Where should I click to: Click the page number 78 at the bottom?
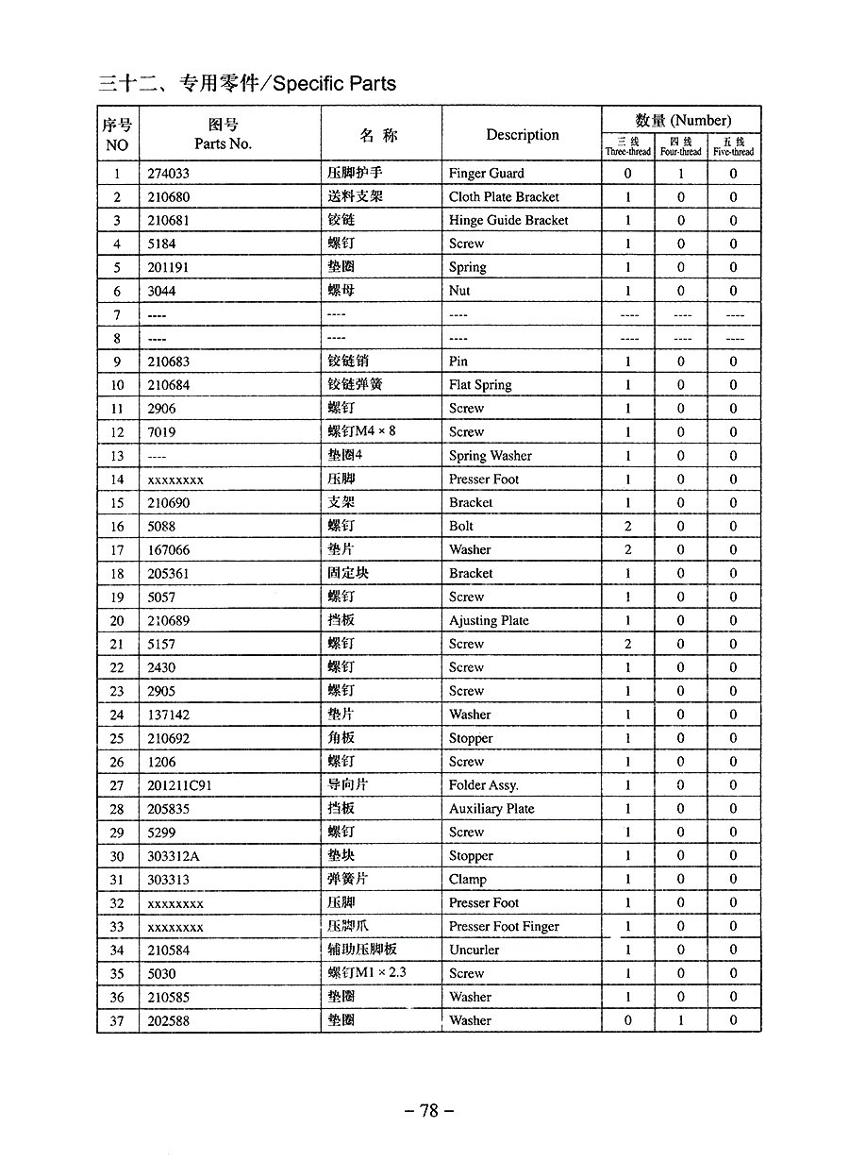(429, 1111)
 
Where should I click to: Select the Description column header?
(522, 135)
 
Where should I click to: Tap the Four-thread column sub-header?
(680, 146)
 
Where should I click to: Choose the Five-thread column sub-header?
(733, 146)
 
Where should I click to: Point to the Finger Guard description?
(486, 174)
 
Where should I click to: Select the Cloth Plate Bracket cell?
(504, 197)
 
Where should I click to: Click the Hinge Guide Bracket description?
(508, 221)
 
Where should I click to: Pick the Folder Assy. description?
(483, 785)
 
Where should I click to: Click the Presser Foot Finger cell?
(504, 927)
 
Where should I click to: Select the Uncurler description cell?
(474, 951)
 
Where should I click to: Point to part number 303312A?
(174, 856)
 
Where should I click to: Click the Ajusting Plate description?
(489, 621)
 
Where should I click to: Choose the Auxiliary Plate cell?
(491, 809)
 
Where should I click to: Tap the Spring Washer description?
(491, 456)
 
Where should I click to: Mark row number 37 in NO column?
(117, 1021)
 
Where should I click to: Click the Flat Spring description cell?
(480, 385)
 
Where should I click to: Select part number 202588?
(169, 1021)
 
